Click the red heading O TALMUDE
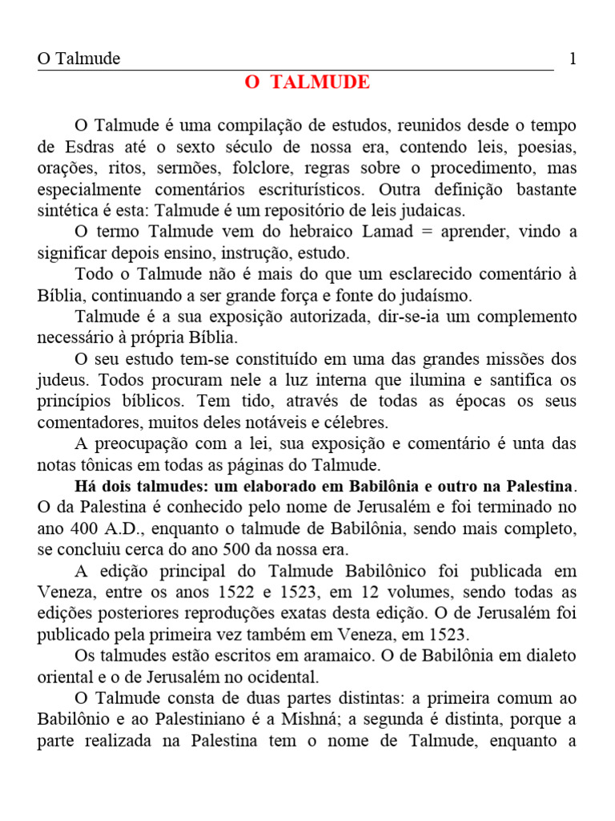point(307,83)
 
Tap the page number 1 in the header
point(572,59)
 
